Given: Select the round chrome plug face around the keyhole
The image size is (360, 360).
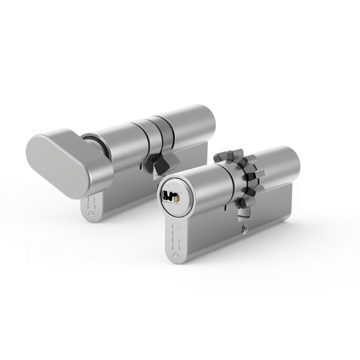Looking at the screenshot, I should point(173,197).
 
